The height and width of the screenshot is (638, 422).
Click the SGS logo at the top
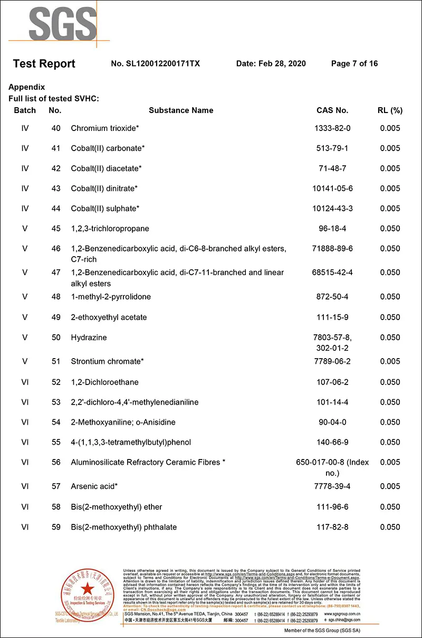(x=63, y=23)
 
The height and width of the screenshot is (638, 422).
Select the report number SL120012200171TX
(x=156, y=64)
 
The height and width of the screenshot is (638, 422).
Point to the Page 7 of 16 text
(x=354, y=64)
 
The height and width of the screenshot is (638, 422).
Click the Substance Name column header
(x=181, y=110)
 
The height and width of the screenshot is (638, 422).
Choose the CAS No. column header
(x=332, y=110)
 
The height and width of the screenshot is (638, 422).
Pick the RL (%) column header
(x=390, y=110)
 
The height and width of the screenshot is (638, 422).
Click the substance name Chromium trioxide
(x=105, y=128)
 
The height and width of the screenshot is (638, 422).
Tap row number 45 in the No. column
(x=56, y=229)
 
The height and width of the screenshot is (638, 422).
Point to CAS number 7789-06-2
(x=332, y=362)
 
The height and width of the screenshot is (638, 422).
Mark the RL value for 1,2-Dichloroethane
(x=390, y=382)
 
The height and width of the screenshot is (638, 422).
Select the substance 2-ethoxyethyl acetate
(x=109, y=317)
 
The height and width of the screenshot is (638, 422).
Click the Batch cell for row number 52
(x=25, y=382)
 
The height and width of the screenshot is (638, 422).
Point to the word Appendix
(x=27, y=87)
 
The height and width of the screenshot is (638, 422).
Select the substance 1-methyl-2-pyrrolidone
(x=111, y=297)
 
